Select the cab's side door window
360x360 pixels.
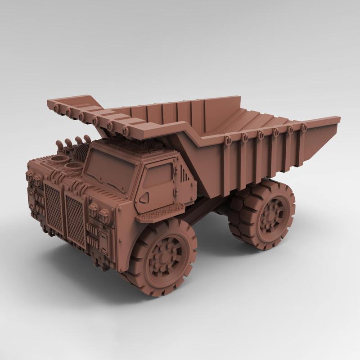click(x=157, y=175)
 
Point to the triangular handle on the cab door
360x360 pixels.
click(x=144, y=198)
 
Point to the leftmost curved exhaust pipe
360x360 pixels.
click(x=58, y=145)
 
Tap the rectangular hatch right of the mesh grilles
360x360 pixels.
click(x=102, y=241)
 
